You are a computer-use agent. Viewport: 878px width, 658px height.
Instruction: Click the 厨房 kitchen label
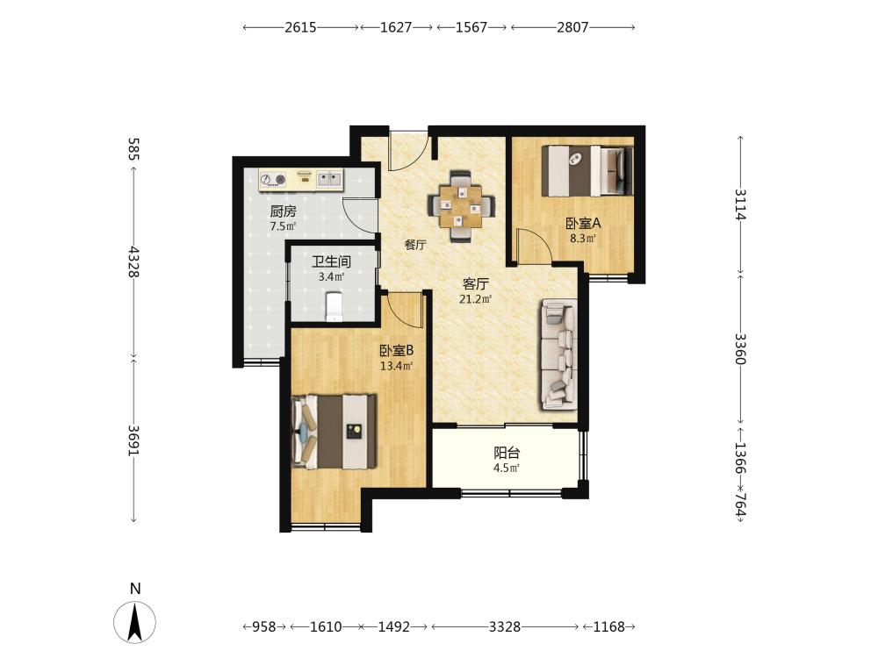[x=283, y=211]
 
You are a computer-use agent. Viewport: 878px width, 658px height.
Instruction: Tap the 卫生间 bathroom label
[x=331, y=261]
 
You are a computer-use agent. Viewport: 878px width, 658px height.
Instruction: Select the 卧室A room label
[x=583, y=223]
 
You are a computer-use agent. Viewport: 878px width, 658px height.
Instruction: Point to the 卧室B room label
[x=397, y=351]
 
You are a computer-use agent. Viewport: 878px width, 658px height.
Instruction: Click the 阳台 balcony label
[x=507, y=453]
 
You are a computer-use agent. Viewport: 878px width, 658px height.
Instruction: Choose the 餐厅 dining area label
[x=415, y=245]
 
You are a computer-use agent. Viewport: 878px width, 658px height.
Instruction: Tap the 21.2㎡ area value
[x=475, y=299]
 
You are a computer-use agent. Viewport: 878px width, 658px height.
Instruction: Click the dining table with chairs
[x=461, y=206]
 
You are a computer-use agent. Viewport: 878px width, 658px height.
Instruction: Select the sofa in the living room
[x=558, y=354]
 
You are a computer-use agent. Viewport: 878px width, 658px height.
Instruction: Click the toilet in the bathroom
[x=335, y=307]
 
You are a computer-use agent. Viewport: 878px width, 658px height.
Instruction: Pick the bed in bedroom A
[x=587, y=171]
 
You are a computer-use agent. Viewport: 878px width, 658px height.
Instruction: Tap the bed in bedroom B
[x=334, y=432]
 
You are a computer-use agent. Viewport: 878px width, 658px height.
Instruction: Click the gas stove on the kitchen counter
[x=274, y=180]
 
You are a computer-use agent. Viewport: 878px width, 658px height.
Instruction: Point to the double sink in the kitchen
[x=329, y=179]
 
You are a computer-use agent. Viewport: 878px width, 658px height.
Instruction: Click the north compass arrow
[x=135, y=622]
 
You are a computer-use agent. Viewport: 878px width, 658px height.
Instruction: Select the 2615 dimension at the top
[x=300, y=27]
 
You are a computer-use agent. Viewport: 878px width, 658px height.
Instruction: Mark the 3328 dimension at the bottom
[x=505, y=626]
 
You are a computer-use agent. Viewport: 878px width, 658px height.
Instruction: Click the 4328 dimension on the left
[x=133, y=261]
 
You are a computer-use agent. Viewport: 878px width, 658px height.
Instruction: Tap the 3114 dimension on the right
[x=740, y=204]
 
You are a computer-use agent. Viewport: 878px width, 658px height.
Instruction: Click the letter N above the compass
[x=135, y=589]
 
